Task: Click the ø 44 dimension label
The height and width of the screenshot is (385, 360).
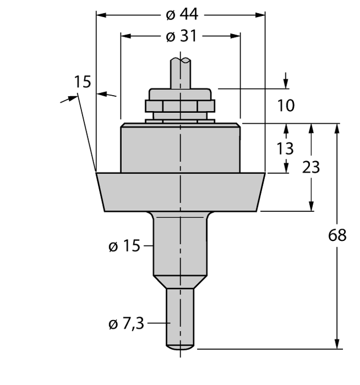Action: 181,14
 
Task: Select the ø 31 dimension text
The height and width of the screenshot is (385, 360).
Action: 181,36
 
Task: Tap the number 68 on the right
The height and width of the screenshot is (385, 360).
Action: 337,235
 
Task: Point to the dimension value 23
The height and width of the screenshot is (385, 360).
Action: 310,167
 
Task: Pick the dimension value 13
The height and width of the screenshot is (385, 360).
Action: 285,149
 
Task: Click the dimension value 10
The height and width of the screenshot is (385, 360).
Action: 286,105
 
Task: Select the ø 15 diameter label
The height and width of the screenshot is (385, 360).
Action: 124,246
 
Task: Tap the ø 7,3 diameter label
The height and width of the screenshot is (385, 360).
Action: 126,324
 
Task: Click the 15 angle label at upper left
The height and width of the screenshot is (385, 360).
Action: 83,82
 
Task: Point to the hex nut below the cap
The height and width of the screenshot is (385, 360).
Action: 181,106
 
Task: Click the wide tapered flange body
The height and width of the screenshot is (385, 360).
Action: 181,191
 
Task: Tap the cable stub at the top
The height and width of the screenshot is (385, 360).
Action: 181,72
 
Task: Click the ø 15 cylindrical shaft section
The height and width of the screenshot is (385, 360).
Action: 181,245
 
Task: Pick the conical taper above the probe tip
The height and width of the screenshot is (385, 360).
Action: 181,282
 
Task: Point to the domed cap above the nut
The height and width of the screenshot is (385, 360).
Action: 181,94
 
